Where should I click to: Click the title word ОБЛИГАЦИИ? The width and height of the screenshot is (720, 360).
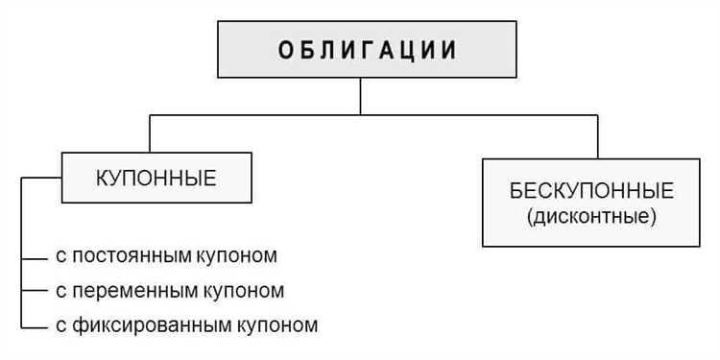[x=368, y=50]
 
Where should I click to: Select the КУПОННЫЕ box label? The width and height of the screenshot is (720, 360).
[x=156, y=178]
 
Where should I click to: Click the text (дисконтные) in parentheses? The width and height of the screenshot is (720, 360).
[x=591, y=217]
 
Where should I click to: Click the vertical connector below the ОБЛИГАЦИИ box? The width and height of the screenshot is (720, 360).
[x=360, y=96]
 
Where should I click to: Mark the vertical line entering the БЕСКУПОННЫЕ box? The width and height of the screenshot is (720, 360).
[x=597, y=136]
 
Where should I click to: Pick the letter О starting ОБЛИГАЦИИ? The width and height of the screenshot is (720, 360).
[x=285, y=50]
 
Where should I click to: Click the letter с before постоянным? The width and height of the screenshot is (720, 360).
[x=60, y=257]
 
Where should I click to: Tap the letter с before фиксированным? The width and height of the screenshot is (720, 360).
[x=60, y=324]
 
